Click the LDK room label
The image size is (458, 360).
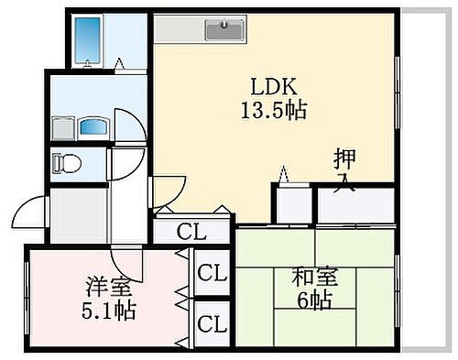point(275,88)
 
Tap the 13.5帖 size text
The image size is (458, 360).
point(275,111)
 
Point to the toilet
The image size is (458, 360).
point(68,163)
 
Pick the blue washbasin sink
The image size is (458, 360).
point(93,125)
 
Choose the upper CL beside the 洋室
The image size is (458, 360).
point(212,273)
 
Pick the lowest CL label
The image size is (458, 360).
point(212,323)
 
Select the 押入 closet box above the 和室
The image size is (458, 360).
point(355,205)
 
